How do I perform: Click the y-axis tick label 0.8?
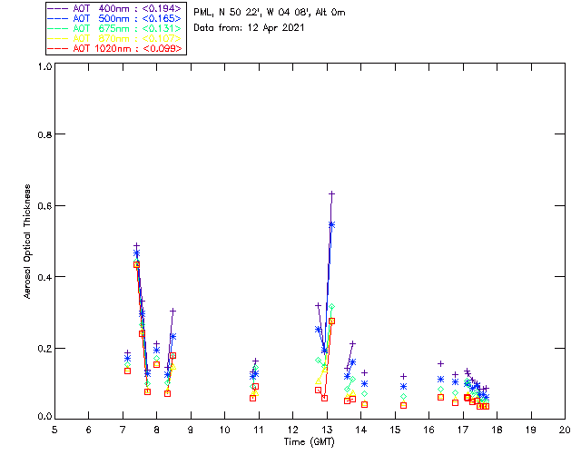[x=41, y=134]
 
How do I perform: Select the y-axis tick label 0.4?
[x=41, y=277]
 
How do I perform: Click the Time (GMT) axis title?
[x=309, y=440]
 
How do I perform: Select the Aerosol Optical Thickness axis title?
[x=28, y=242]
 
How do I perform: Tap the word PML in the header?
[x=202, y=13]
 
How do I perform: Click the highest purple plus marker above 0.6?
[x=332, y=193]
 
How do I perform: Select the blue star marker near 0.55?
[x=331, y=223]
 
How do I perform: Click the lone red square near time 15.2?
[x=404, y=405]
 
